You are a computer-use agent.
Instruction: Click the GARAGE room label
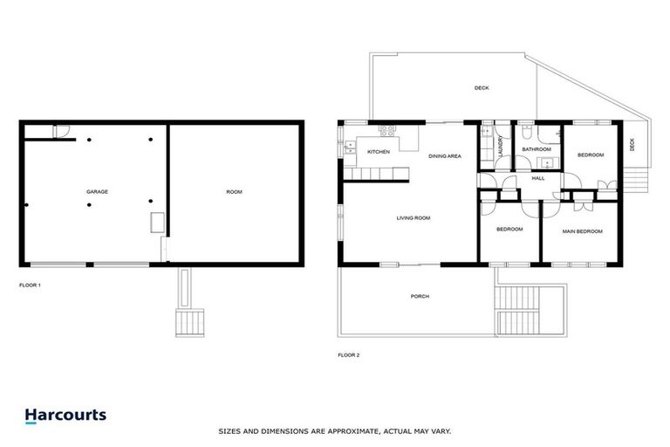tap(96, 191)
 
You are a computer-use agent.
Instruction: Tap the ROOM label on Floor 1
tap(234, 191)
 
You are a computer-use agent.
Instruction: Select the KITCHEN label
tap(378, 152)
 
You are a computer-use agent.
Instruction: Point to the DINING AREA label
tap(444, 155)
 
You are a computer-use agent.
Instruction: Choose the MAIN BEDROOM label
tap(582, 231)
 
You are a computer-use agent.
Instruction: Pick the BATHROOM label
tap(537, 149)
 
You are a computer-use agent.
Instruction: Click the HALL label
tap(538, 177)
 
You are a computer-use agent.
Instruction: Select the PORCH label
tap(420, 297)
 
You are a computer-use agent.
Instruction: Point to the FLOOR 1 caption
tap(30, 285)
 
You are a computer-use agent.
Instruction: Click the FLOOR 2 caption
tap(348, 354)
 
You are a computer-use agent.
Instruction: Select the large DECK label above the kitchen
tap(482, 88)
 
